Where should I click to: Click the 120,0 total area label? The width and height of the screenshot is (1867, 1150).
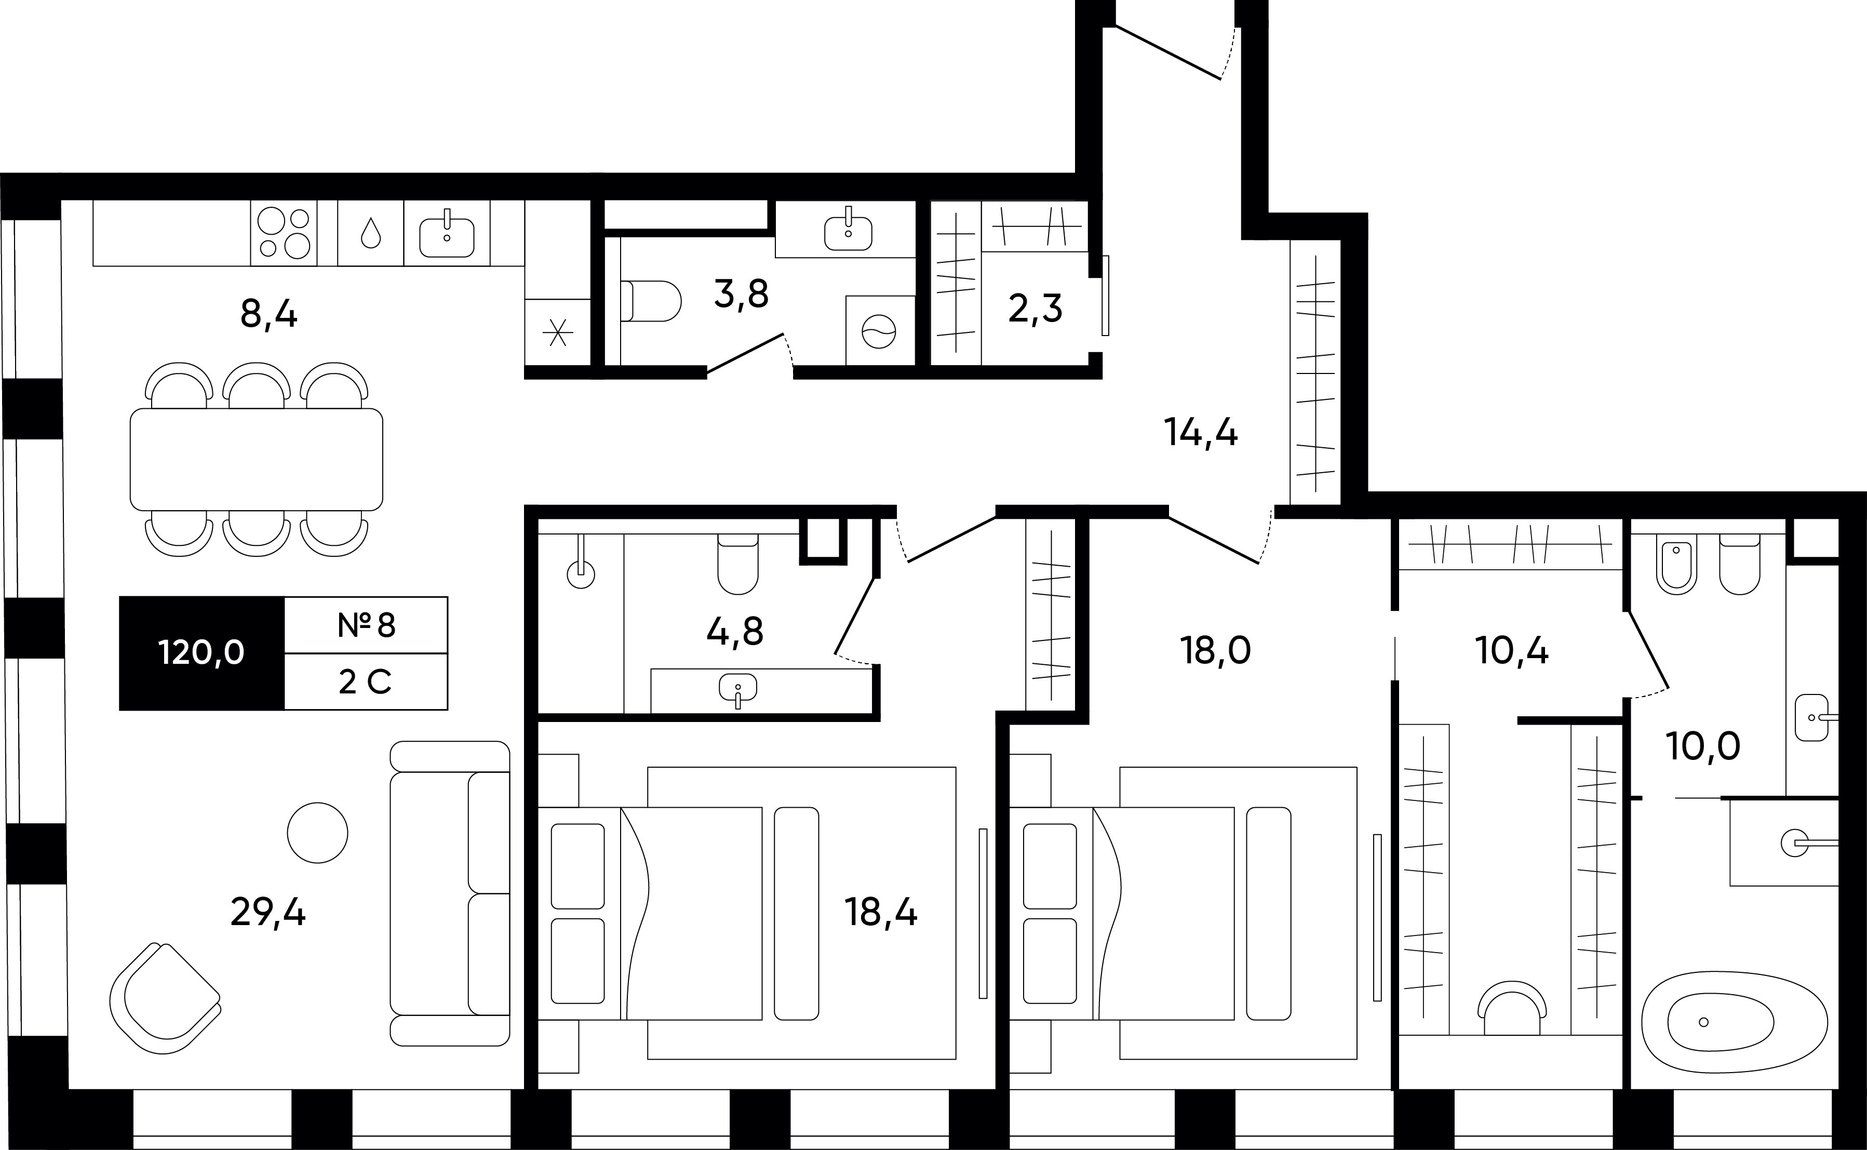(202, 652)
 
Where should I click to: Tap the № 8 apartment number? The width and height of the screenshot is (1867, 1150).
(367, 625)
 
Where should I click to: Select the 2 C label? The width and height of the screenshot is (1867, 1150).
(365, 682)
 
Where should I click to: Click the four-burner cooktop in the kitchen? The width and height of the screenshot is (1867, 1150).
(284, 233)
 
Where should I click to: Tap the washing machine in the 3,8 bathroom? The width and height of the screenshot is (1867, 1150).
(880, 331)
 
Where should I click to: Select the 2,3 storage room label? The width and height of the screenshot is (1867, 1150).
(1035, 309)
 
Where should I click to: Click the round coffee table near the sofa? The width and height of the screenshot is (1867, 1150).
(318, 833)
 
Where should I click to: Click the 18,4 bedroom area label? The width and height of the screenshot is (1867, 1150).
(881, 912)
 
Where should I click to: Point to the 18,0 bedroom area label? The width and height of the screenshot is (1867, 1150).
(1215, 651)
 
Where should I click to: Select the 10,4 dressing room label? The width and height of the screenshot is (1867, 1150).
(1512, 651)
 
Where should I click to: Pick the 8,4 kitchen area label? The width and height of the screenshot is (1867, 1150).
(268, 313)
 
